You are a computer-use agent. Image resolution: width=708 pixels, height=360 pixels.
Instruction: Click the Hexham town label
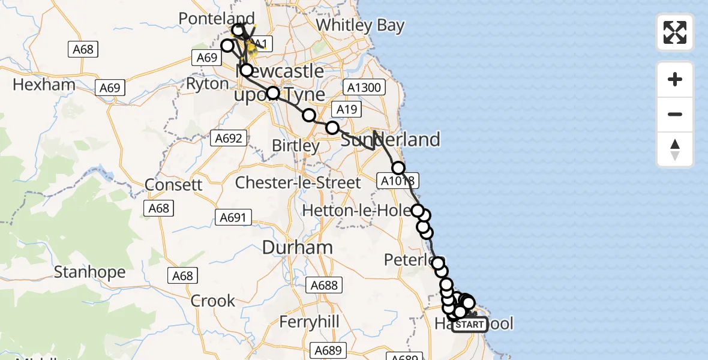click(44, 85)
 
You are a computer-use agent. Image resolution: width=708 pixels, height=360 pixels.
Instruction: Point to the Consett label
click(174, 184)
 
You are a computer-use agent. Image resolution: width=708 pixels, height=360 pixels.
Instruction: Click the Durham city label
click(298, 247)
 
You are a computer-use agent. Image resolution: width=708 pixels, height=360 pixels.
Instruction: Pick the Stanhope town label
click(89, 272)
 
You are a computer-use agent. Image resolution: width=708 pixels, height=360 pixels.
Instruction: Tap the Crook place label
click(213, 301)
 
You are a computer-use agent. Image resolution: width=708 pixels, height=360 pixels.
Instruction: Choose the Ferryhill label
click(310, 322)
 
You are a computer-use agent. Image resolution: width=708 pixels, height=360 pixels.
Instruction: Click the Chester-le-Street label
click(298, 182)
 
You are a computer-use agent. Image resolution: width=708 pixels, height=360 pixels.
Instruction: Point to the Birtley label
click(296, 146)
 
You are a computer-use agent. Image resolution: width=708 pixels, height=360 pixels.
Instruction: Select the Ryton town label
click(208, 84)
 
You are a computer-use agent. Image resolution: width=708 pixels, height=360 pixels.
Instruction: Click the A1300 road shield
click(364, 88)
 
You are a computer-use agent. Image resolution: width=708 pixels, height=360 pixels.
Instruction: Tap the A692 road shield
click(229, 139)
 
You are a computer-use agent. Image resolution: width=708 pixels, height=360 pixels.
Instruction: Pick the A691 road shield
click(233, 218)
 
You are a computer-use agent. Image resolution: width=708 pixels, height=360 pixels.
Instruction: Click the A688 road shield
click(325, 286)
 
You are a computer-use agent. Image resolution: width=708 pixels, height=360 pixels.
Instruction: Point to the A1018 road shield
click(396, 180)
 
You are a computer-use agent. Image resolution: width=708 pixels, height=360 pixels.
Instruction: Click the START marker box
click(470, 325)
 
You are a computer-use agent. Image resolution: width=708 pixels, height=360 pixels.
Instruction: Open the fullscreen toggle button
click(675, 32)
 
